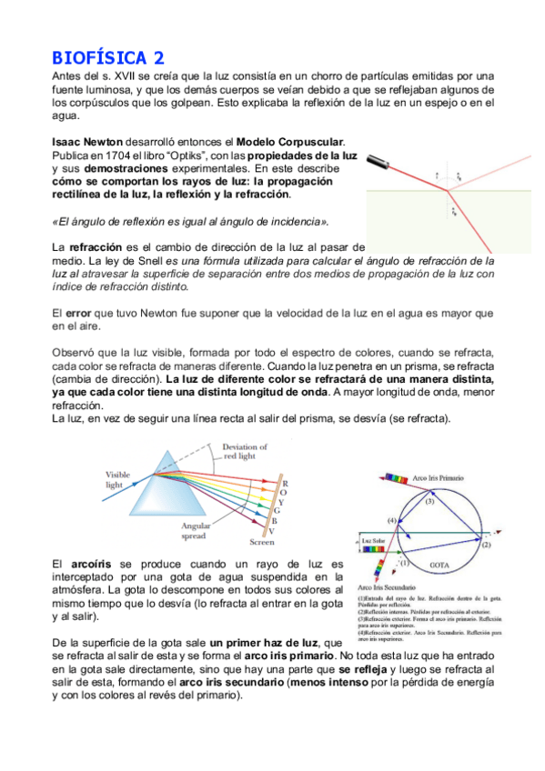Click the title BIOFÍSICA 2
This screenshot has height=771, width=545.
107,57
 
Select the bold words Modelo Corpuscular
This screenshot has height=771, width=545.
290,143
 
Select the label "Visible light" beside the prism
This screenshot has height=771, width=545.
118,479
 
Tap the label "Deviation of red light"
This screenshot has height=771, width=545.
245,451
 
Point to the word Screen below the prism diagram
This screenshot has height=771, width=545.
262,543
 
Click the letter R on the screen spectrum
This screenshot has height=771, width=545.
285,484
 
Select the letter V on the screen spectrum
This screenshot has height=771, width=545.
285,531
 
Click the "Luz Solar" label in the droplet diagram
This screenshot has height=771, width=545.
376,543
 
